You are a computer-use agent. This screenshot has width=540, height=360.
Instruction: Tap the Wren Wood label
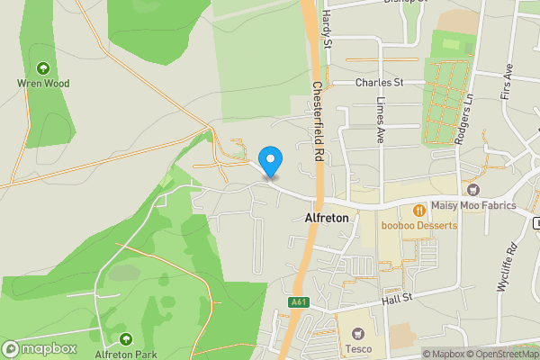point(43,83)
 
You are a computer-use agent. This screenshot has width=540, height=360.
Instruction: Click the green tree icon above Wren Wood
point(42,67)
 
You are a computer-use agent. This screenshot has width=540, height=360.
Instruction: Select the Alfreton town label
point(326,218)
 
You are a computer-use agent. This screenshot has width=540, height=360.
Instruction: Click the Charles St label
point(378,82)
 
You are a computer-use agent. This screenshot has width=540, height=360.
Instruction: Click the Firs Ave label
point(507,82)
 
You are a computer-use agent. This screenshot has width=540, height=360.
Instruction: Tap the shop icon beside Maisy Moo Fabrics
point(473,190)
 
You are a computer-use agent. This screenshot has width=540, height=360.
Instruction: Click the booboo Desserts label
point(418,225)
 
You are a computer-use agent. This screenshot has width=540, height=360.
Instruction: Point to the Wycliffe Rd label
point(503,266)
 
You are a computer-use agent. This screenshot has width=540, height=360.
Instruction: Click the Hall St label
point(395,298)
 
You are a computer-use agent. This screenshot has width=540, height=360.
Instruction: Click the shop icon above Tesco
point(358,333)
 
